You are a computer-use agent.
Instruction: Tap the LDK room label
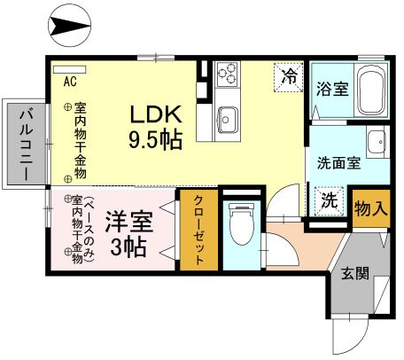157,115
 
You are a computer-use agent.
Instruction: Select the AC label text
69,81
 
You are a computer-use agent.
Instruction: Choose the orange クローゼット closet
198,231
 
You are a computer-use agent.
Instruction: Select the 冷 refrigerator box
288,77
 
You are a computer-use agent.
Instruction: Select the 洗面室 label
338,162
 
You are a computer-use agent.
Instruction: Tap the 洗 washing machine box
329,200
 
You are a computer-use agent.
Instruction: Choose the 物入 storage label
371,209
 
